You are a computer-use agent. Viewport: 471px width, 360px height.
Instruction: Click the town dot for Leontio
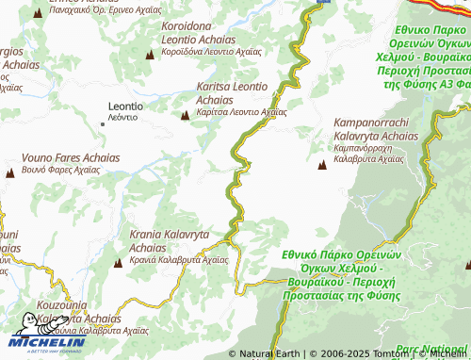(x=104, y=123)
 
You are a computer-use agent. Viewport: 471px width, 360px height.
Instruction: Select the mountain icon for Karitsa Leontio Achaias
(x=185, y=115)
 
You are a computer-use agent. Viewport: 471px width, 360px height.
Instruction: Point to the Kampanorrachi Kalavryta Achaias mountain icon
(x=323, y=165)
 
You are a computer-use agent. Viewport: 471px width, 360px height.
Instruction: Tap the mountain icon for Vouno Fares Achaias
(x=10, y=172)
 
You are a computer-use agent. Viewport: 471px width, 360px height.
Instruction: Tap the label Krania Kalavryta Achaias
(x=170, y=240)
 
